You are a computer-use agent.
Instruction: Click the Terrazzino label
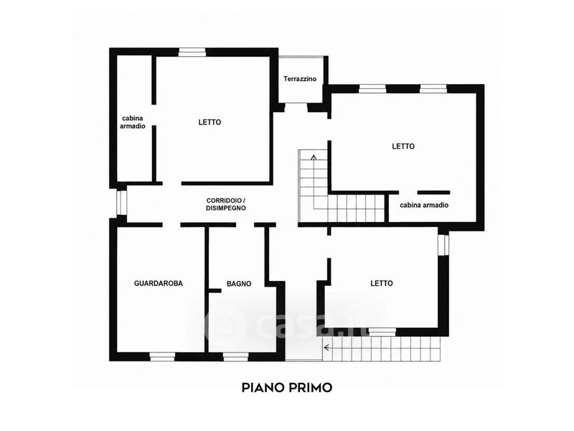pos(300,79)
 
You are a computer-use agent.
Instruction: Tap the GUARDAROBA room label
pos(158,283)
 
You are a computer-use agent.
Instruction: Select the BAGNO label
pos(239,284)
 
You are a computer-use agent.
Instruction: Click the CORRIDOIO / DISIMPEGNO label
pos(226,204)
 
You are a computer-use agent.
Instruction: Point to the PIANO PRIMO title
pos(287,387)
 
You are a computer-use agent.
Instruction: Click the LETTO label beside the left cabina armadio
pos(210,122)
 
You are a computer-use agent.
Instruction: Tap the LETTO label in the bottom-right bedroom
pos(382,283)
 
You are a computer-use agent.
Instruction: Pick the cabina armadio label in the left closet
pos(133,122)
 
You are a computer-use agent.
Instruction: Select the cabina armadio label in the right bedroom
pos(424,205)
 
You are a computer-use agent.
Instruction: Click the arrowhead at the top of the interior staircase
pos(314,157)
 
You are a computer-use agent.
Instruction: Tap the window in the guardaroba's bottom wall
pos(163,356)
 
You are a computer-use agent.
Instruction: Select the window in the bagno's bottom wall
pos(236,356)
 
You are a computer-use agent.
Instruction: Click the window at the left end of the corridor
pos(121,203)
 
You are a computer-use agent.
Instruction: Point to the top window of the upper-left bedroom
pos(192,52)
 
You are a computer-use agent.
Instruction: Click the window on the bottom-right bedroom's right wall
pos(443,244)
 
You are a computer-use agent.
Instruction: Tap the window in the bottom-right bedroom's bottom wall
pos(382,332)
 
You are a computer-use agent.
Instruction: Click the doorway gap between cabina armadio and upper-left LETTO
pos(154,115)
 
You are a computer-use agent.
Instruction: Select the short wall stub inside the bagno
pos(215,291)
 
